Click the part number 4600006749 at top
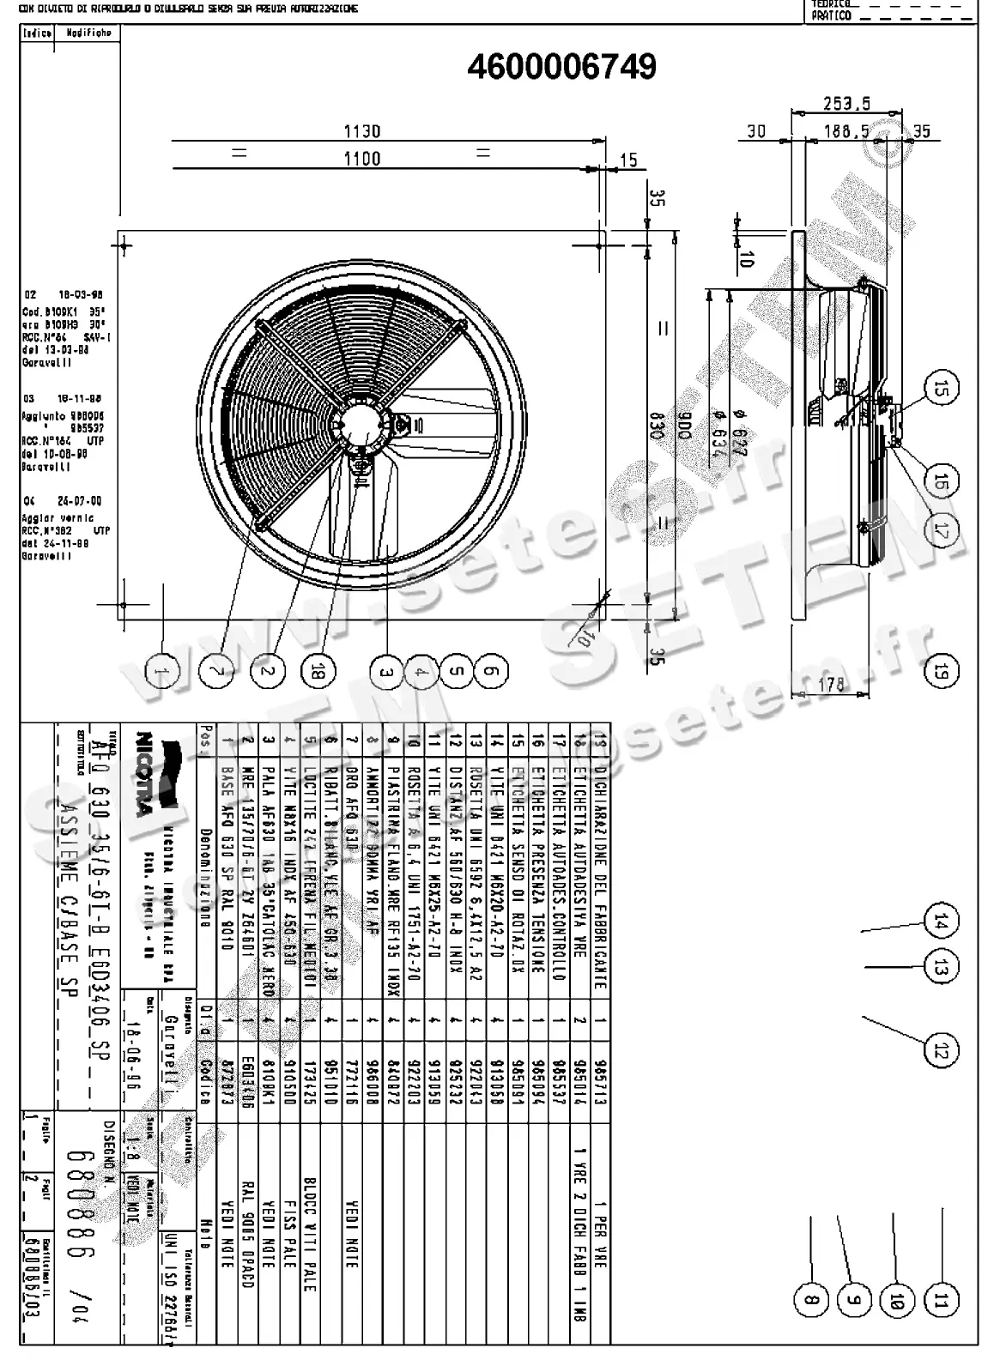(561, 67)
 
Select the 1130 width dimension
(361, 131)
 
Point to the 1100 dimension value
(361, 158)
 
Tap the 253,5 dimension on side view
(846, 104)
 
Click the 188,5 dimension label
(846, 131)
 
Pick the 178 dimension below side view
(831, 684)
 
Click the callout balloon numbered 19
(941, 670)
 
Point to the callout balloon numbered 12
(941, 1049)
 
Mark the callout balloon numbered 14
(941, 922)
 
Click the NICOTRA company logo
(146, 781)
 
